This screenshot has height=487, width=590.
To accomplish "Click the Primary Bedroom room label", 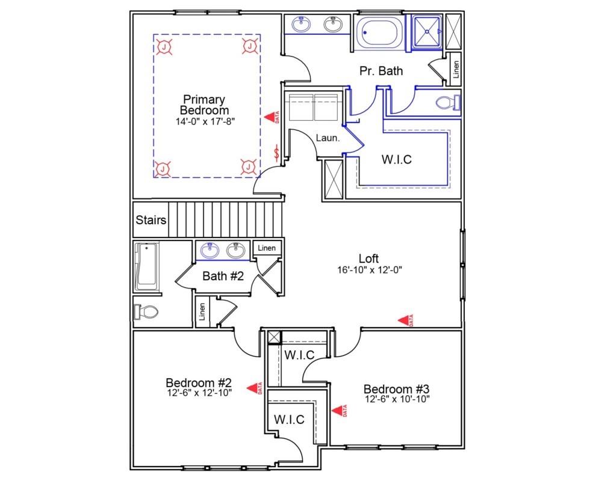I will [204, 105].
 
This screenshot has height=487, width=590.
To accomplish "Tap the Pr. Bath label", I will [381, 71].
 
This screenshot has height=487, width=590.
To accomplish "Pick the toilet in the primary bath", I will [446, 102].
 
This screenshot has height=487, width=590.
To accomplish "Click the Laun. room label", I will [328, 138].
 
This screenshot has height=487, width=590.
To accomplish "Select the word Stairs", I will [151, 219].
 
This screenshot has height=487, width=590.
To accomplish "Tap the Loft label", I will [369, 259].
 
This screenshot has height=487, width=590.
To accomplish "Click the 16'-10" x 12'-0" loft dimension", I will [369, 270].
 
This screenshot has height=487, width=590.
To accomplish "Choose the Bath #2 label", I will [223, 277].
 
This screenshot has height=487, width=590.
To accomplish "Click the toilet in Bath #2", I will [146, 311].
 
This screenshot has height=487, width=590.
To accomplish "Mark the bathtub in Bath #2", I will [146, 266].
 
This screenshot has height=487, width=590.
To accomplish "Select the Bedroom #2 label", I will [199, 383].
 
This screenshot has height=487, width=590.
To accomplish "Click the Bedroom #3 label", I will [396, 388].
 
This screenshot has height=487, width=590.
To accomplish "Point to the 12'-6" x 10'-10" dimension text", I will [396, 399].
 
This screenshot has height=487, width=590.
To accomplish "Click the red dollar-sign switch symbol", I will [277, 153].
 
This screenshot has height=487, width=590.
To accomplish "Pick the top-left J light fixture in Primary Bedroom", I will [163, 46].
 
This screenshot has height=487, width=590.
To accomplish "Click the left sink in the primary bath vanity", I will [301, 25].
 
